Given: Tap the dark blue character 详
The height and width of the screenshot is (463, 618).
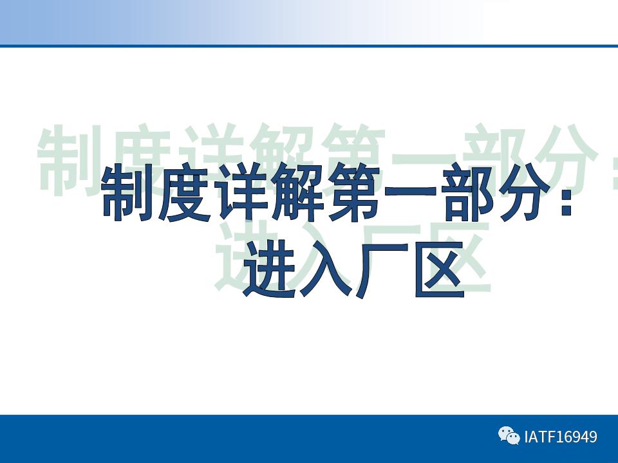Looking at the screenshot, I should [x=241, y=193].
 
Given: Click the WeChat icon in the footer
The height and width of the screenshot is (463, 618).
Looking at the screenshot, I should [x=509, y=437].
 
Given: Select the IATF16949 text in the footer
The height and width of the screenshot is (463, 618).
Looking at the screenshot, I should [x=561, y=437].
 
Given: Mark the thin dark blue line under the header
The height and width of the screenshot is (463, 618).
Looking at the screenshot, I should [x=309, y=46].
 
